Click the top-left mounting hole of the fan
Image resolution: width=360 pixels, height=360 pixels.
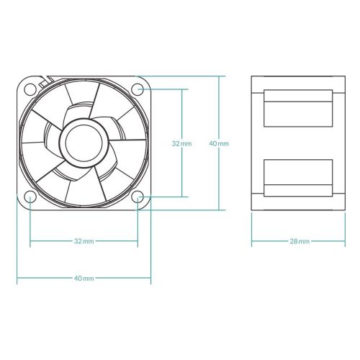[30, 89]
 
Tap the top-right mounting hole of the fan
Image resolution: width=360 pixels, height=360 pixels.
[138, 89]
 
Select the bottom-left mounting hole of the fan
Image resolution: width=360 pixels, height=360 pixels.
[30, 197]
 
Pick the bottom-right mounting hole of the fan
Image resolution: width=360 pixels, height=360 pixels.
[138, 197]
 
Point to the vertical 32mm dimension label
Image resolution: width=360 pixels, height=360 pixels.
[181, 143]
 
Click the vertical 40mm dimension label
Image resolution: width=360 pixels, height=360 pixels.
[218, 143]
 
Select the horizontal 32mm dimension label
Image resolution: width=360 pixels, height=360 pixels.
[84, 240]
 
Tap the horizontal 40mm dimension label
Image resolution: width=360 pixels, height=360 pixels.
[84, 277]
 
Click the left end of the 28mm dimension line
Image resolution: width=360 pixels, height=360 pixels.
[251, 240]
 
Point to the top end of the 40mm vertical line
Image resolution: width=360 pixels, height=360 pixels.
[218, 76]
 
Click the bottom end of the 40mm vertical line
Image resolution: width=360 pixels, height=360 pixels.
[218, 210]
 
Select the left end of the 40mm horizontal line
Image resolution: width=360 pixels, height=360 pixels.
[17, 277]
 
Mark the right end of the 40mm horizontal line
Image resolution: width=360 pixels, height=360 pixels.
[150, 277]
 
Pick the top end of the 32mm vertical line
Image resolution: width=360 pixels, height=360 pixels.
[181, 89]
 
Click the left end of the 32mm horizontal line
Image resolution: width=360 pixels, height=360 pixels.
[30, 240]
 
